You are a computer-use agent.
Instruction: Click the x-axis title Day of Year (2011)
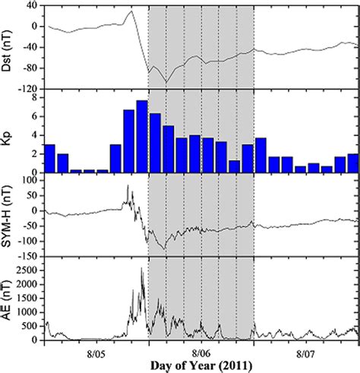click(201, 365)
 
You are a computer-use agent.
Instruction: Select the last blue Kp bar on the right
click(352, 163)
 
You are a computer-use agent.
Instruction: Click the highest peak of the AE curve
click(142, 269)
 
